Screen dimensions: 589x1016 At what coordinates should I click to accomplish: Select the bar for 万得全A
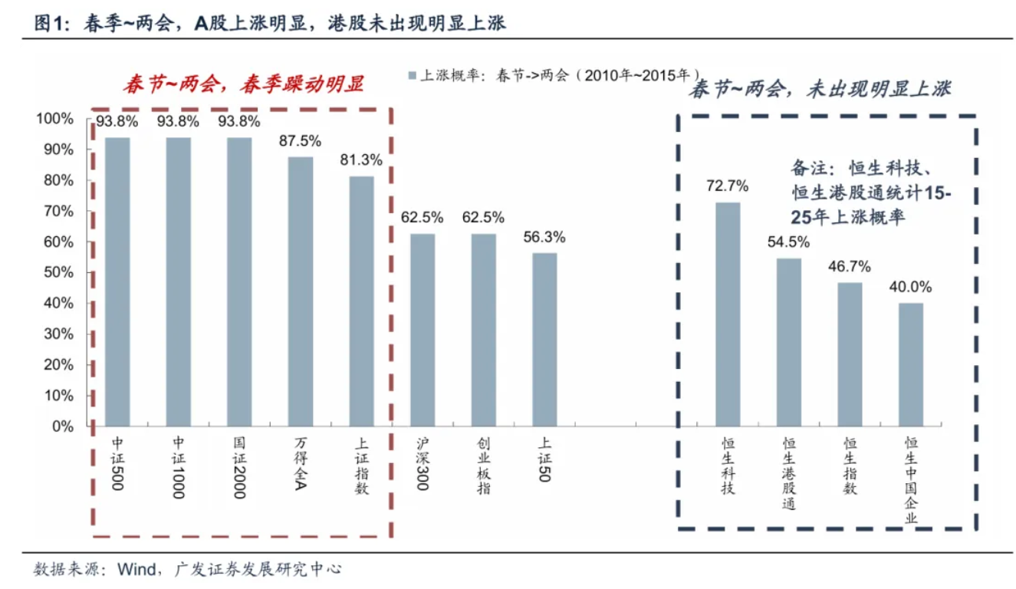(301, 291)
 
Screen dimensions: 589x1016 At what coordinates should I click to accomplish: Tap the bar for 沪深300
(423, 330)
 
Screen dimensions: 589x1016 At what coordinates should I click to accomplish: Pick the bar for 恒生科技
(728, 314)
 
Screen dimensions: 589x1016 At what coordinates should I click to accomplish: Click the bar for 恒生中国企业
(911, 364)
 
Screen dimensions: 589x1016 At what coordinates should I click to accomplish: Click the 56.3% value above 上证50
(544, 237)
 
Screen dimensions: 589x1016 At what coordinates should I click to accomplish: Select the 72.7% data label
(728, 186)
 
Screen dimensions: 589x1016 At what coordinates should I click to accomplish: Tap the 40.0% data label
(911, 287)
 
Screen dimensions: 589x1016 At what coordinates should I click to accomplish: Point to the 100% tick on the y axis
(54, 119)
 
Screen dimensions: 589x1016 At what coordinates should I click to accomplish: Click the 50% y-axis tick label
(58, 272)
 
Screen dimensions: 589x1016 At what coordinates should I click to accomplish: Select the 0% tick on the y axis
(61, 426)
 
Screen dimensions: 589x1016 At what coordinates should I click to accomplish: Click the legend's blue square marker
(412, 75)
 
